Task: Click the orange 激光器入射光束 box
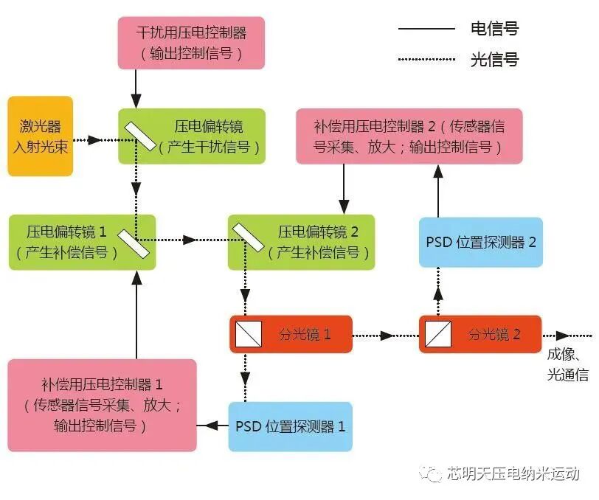pos(41,136)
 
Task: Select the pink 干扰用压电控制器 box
pos(190,43)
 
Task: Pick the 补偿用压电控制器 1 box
pos(103,405)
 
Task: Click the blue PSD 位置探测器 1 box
pos(290,426)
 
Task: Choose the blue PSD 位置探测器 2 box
pos(480,243)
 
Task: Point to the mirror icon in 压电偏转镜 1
pos(135,242)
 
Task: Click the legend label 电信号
pos(494,29)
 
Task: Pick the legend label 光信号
pos(494,60)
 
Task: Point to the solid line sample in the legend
pos(426,29)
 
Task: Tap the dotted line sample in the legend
pos(426,60)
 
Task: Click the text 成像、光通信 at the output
pos(567,364)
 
